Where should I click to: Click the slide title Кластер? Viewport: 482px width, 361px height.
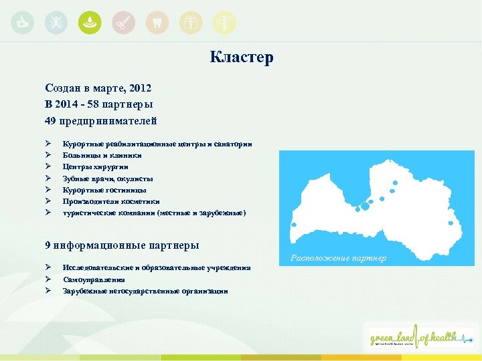pyautogui.click(x=241, y=57)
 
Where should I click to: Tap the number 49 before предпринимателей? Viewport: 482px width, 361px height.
pyautogui.click(x=51, y=120)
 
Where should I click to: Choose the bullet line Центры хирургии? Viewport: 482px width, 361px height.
pyautogui.click(x=95, y=166)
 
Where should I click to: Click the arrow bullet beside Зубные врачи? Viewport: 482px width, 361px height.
pyautogui.click(x=49, y=178)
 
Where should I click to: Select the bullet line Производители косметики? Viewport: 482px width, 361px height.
pyautogui.click(x=111, y=201)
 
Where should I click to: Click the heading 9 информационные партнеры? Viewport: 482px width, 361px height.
pyautogui.click(x=122, y=245)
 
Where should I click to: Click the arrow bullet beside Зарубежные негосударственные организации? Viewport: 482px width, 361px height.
pyautogui.click(x=49, y=291)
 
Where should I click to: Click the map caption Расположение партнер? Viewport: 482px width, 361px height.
pyautogui.click(x=337, y=258)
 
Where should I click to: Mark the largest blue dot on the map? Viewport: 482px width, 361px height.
pyautogui.click(x=366, y=205)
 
